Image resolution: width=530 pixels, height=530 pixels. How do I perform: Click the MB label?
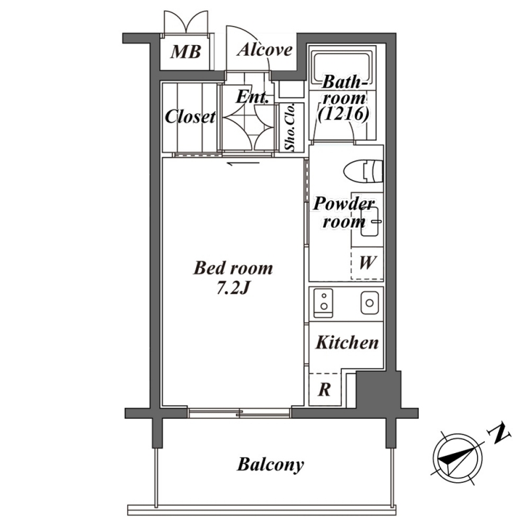pos(185,52)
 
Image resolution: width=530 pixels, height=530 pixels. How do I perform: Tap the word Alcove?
pos(264,50)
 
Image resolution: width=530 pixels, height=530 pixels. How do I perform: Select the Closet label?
pos(190,117)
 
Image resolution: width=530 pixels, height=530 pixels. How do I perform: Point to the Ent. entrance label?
pos(252,97)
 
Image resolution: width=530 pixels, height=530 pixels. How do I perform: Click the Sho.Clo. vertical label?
pos(290,127)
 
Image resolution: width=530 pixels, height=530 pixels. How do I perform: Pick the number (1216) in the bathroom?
pos(343,114)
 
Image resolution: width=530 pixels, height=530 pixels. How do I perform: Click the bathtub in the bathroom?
pos(343,66)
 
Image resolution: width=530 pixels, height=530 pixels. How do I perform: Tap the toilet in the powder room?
pos(363,171)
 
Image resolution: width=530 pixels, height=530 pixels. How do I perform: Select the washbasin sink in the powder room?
pos(369,221)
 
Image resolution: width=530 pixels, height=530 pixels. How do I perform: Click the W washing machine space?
pos(367,263)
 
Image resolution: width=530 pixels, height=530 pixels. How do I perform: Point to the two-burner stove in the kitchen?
pos(323,303)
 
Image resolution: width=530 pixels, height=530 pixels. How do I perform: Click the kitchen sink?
pos(370,303)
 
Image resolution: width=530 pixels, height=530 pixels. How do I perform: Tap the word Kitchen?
pos(347,343)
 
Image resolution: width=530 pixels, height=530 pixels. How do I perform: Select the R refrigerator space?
pos(325,390)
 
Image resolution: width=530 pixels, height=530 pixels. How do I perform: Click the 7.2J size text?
pos(233,288)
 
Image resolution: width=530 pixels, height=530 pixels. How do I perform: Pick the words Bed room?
pos(233,268)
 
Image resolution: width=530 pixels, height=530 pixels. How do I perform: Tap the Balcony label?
pos(270,465)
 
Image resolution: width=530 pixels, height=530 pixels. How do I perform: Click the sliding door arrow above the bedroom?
pos(243,164)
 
